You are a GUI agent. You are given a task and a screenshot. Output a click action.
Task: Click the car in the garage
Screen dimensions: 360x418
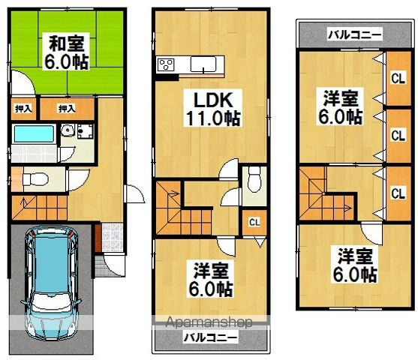(53, 281)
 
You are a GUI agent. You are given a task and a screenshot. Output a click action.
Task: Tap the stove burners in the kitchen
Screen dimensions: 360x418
(165, 64)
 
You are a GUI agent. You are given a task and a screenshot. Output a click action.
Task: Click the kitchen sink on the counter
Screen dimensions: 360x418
(203, 64)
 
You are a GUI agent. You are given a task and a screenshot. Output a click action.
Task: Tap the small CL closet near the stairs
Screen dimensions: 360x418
(254, 220)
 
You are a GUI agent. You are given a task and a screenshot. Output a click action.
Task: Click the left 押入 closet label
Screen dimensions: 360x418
(23, 109)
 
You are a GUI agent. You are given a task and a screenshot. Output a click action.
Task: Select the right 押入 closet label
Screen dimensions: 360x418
(66, 109)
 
